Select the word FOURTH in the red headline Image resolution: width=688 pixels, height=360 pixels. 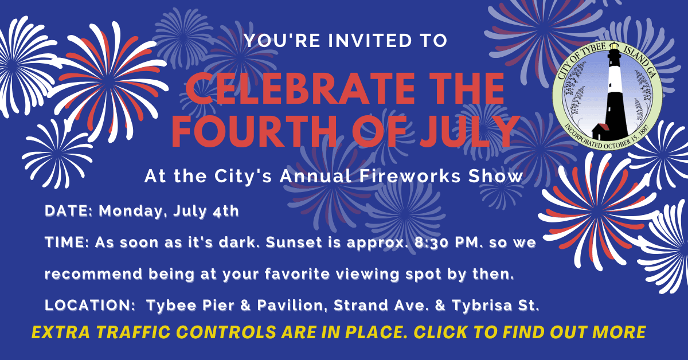(245, 131)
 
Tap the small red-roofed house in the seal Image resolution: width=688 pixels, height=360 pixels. (601, 131)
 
